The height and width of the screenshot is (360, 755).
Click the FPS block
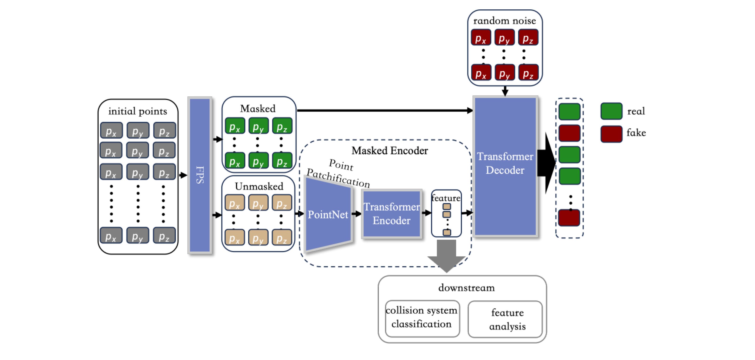[200, 175]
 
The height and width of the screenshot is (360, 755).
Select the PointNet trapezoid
[328, 214]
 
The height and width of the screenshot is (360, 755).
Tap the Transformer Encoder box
[392, 214]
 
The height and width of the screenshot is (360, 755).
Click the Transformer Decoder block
[505, 166]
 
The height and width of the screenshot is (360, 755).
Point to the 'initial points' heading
[137, 111]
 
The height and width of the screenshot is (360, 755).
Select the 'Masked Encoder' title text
[390, 151]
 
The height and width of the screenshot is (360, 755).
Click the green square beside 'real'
[611, 111]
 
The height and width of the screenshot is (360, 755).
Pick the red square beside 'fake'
[611, 134]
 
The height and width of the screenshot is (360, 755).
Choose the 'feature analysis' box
[507, 319]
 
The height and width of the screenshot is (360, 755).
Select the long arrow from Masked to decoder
[384, 110]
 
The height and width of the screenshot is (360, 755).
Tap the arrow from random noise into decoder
[505, 91]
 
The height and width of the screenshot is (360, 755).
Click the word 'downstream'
[466, 288]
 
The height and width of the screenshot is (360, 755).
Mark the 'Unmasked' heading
[259, 187]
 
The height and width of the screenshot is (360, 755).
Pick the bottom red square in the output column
[569, 218]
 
